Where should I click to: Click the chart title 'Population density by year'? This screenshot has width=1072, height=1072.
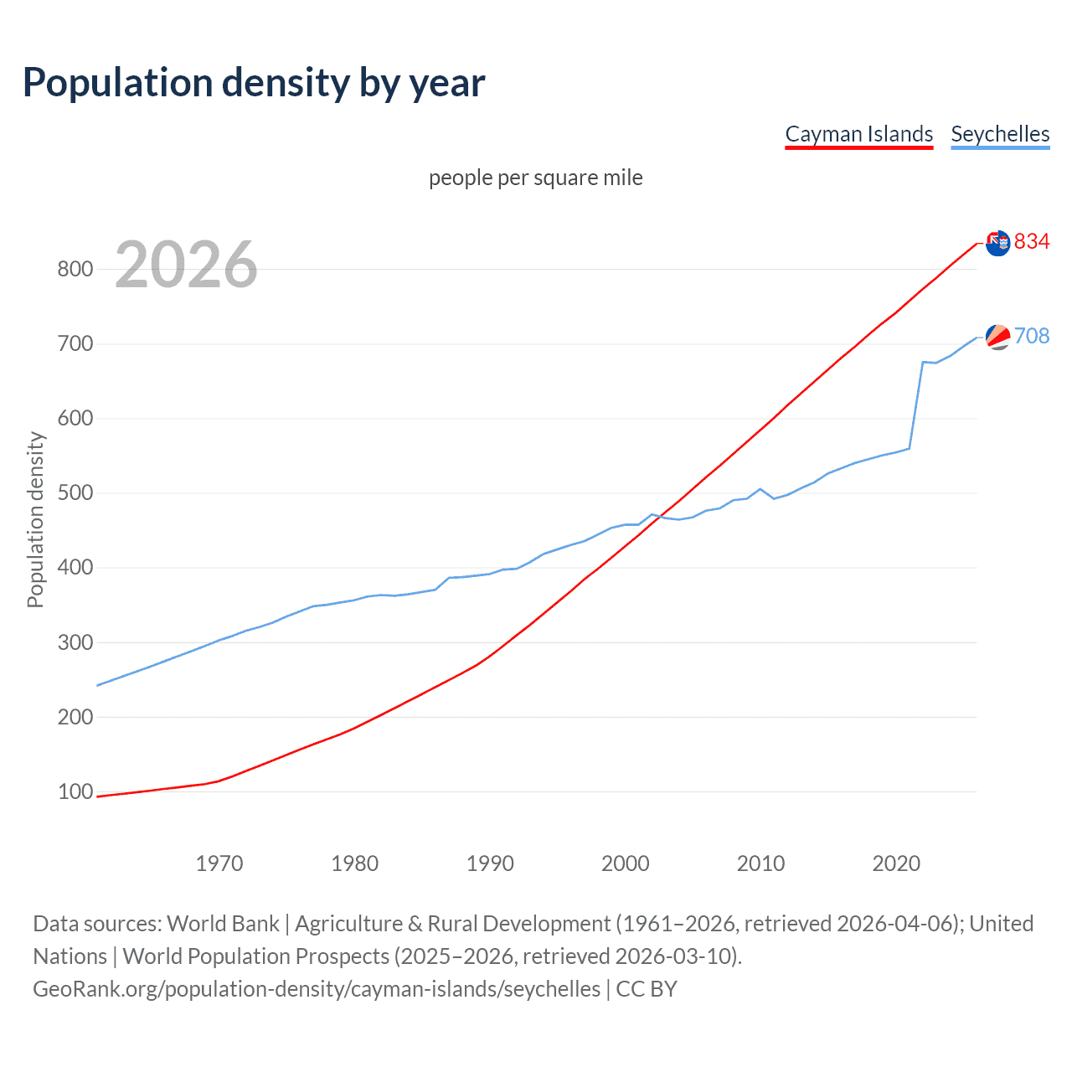pyautogui.click(x=254, y=83)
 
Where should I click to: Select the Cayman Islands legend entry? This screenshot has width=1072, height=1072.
pyautogui.click(x=858, y=134)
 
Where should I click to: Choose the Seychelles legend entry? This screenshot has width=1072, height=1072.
pyautogui.click(x=1000, y=134)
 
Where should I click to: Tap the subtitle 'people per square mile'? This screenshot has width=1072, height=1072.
pyautogui.click(x=535, y=178)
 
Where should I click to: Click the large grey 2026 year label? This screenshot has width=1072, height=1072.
pyautogui.click(x=186, y=265)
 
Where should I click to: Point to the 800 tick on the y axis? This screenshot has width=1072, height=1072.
pyautogui.click(x=75, y=269)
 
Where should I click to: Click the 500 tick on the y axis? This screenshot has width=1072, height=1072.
pyautogui.click(x=75, y=492)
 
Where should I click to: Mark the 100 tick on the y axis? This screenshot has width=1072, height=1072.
pyautogui.click(x=75, y=791)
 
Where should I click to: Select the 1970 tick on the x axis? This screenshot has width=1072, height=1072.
pyautogui.click(x=219, y=863)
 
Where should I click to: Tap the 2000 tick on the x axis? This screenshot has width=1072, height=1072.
pyautogui.click(x=626, y=863)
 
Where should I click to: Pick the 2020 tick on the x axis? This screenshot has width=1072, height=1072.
pyautogui.click(x=896, y=863)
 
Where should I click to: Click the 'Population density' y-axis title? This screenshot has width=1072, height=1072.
pyautogui.click(x=35, y=519)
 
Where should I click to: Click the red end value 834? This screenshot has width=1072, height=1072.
pyautogui.click(x=1032, y=241)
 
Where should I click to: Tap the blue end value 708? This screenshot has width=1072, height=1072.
pyautogui.click(x=1032, y=336)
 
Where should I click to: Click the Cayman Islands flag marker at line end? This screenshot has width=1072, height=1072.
pyautogui.click(x=997, y=243)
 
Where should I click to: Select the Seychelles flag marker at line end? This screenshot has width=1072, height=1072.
pyautogui.click(x=997, y=337)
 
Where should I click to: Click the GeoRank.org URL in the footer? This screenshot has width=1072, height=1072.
pyautogui.click(x=317, y=989)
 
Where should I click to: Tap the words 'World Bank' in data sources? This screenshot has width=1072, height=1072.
pyautogui.click(x=223, y=924)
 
